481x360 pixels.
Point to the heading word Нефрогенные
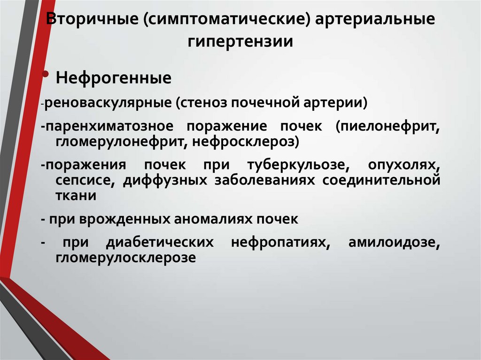[113, 78]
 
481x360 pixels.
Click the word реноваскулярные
[109, 103]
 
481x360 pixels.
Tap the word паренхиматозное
[110, 126]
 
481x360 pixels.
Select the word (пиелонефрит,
[388, 126]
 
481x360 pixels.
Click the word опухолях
[404, 165]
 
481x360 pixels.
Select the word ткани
[76, 196]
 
